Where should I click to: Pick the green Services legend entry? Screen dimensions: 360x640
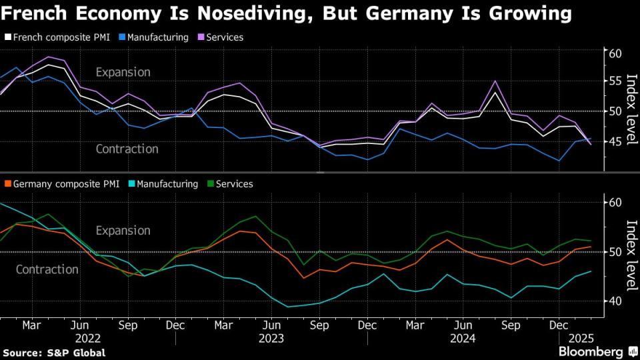233,183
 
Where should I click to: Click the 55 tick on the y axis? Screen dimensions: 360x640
615,81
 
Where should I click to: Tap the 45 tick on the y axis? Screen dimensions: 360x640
615,141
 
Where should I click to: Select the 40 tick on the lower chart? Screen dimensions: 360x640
615,301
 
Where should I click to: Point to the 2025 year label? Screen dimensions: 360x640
576,338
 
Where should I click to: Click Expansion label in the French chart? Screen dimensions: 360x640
123,72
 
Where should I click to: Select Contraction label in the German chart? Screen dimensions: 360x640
47,269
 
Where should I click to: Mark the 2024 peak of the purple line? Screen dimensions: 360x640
495,81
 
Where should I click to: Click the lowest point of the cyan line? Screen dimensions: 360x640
288,307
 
